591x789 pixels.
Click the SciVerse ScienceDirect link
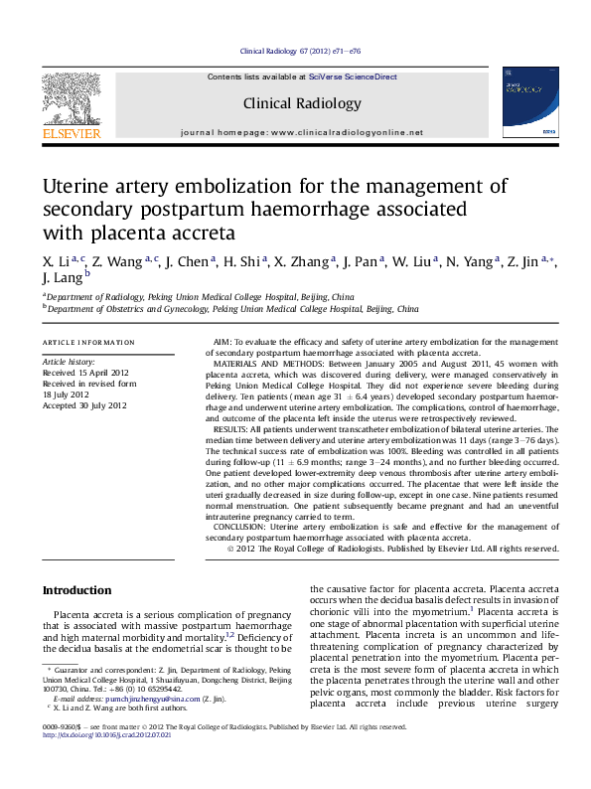coord(353,77)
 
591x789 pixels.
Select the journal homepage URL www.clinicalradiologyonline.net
coord(347,132)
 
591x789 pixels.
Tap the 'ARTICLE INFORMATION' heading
coord(88,342)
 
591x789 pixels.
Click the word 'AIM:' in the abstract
coord(225,342)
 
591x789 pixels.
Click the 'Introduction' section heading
coord(76,590)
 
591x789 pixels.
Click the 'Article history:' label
coord(69,362)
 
